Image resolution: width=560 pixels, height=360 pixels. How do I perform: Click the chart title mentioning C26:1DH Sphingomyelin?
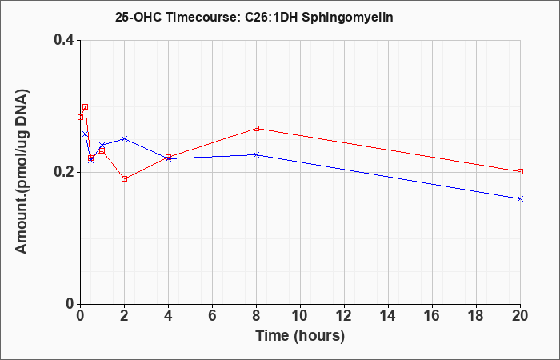coord(254,17)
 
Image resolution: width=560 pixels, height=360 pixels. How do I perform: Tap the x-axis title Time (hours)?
coord(300,336)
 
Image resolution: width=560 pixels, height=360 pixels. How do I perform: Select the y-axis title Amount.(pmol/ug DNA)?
coord(22,172)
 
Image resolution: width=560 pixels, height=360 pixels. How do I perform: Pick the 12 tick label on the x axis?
coord(344,315)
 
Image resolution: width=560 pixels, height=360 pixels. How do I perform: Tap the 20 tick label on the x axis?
coord(520,315)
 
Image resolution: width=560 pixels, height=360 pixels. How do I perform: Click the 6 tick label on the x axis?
coord(212,315)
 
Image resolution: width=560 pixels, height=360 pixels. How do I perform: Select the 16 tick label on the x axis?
coord(432,315)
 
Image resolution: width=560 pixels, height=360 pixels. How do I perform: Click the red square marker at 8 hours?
coord(256,128)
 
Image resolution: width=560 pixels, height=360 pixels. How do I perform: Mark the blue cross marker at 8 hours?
coord(256,154)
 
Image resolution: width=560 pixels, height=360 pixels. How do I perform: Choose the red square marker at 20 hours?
coord(520,171)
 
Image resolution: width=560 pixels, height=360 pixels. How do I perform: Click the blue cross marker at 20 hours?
coord(520,198)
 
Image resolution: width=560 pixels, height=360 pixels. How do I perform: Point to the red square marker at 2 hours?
coord(124,178)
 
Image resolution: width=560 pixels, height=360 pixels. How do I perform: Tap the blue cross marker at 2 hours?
coord(124,138)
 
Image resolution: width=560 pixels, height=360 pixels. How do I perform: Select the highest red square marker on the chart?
coord(85,106)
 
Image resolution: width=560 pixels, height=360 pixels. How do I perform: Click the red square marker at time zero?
coord(80,117)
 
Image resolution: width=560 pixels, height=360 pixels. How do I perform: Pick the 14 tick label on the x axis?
coord(388,315)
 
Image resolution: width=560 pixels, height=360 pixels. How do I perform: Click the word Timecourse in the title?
coord(202,17)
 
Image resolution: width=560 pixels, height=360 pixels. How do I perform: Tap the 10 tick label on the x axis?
coord(300,315)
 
